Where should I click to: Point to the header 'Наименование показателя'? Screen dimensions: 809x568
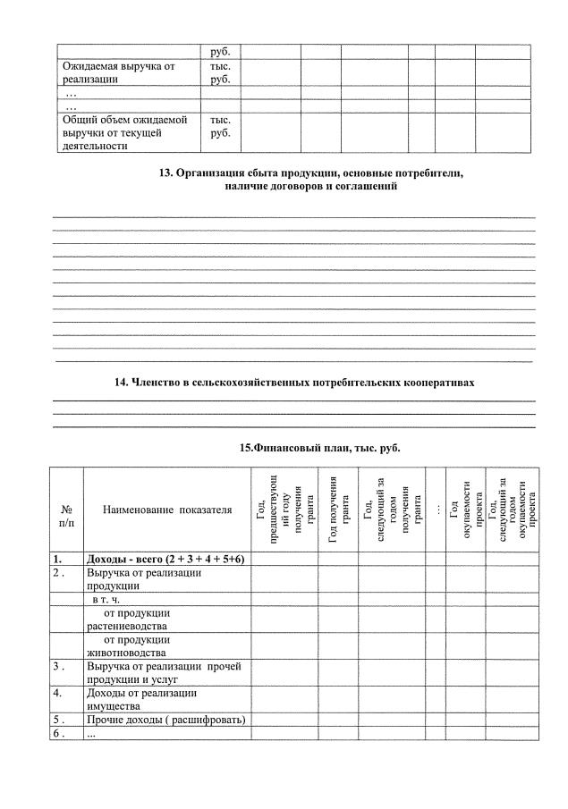pyautogui.click(x=167, y=510)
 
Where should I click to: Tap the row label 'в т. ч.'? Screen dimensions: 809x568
pyautogui.click(x=112, y=600)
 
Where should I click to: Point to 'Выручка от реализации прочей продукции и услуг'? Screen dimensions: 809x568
pyautogui.click(x=164, y=672)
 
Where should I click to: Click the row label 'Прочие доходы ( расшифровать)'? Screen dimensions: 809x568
pyautogui.click(x=165, y=720)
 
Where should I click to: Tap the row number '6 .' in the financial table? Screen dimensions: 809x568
pyautogui.click(x=58, y=733)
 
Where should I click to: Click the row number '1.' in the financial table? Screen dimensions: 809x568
pyautogui.click(x=57, y=559)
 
